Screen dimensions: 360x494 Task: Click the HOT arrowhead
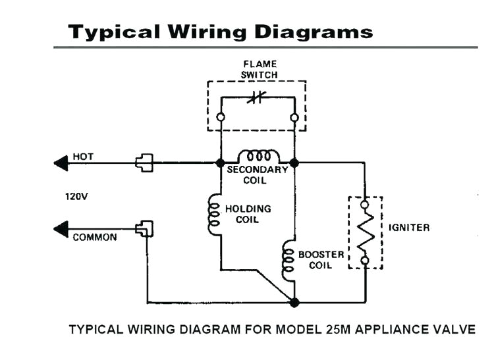[x=61, y=162]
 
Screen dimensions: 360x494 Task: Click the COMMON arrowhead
[x=61, y=229]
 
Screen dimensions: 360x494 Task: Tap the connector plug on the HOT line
[x=144, y=162]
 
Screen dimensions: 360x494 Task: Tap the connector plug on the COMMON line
[x=144, y=229]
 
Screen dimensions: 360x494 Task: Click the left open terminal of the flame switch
[x=221, y=117]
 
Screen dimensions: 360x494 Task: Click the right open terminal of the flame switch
[x=294, y=117]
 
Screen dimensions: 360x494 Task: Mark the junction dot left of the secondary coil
[x=221, y=162]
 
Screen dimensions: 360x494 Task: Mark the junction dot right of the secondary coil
[x=294, y=162]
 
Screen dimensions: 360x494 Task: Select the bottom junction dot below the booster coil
[x=294, y=302]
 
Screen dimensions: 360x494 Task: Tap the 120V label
[x=76, y=195]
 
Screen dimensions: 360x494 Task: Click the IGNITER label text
[x=408, y=228]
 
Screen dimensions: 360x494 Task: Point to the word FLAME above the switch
[x=258, y=64]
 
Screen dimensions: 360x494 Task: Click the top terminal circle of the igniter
[x=364, y=205]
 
